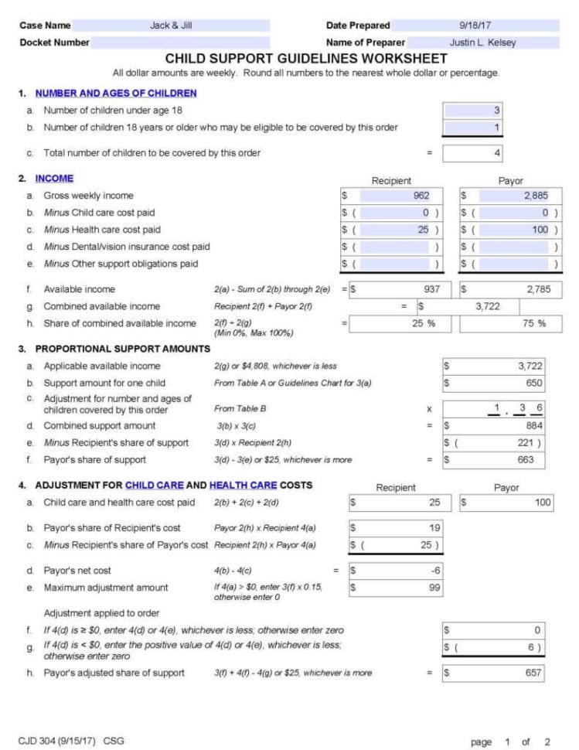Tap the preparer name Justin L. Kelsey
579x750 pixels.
(482, 43)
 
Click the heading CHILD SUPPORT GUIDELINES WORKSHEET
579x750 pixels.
(305, 59)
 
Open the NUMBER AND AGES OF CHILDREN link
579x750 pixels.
(116, 94)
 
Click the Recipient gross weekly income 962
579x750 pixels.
(391, 196)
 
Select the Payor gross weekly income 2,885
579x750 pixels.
(510, 196)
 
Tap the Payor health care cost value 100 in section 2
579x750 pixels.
(510, 230)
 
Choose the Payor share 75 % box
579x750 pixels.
(511, 324)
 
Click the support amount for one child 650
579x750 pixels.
(494, 383)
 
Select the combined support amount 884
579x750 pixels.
(494, 426)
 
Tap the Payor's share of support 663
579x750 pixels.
(494, 460)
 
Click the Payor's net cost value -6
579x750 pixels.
(396, 571)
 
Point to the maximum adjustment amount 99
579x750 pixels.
(396, 588)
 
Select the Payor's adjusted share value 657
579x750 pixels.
(494, 673)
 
